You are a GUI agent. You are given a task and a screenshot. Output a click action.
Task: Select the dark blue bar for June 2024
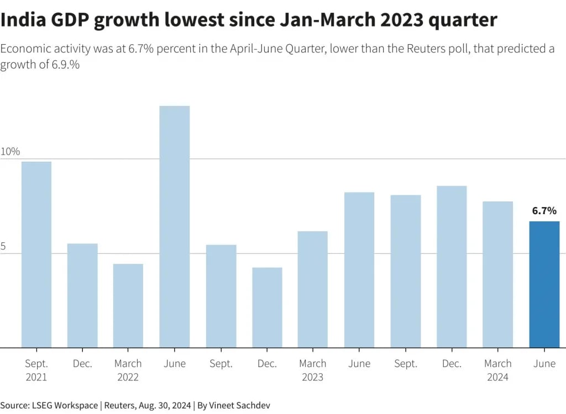click(544, 284)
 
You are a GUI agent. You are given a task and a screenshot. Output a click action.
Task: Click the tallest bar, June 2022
click(175, 226)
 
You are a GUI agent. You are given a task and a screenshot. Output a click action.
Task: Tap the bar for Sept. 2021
click(36, 254)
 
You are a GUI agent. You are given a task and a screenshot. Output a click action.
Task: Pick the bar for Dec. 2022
click(267, 307)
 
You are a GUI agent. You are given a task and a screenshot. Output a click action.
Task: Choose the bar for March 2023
click(313, 289)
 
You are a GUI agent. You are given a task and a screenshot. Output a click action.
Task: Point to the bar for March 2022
click(128, 306)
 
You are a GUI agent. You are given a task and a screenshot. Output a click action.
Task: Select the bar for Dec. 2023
click(452, 267)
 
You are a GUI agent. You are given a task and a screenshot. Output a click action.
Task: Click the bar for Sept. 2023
click(406, 271)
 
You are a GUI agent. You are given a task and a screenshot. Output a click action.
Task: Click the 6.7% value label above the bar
click(544, 210)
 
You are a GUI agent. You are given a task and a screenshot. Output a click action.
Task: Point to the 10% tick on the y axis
click(10, 151)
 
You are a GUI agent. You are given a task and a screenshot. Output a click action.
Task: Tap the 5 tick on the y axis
click(3, 247)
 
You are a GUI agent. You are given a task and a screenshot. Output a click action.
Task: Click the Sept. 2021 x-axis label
click(36, 370)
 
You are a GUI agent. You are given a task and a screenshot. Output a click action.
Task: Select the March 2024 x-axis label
click(497, 370)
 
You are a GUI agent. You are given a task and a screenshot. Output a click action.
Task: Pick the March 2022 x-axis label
click(128, 370)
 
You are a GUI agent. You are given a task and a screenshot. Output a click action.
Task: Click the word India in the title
click(20, 20)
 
